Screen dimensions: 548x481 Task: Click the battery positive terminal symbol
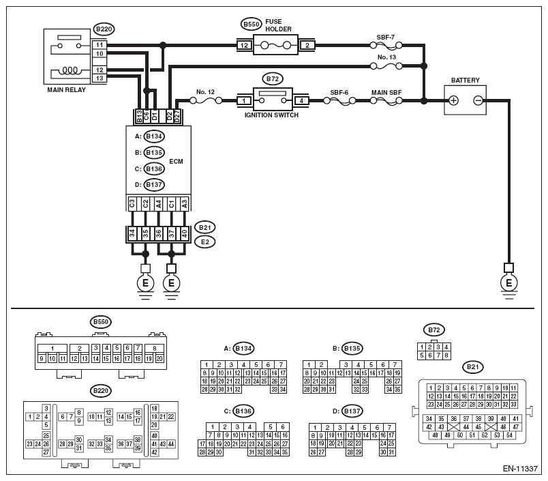pos(453,101)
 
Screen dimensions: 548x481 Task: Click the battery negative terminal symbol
pos(478,101)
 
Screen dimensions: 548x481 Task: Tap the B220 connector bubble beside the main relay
pos(104,29)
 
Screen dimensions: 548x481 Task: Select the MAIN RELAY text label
pos(66,90)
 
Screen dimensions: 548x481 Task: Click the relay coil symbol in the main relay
pos(70,71)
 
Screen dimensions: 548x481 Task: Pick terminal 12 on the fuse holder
pos(244,46)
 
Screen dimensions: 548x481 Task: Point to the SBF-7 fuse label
pos(386,38)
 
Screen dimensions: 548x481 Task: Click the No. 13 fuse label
pos(386,57)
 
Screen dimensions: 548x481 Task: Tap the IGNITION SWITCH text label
pos(271,115)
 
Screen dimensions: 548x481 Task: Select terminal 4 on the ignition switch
pos(301,101)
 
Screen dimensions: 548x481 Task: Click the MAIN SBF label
pos(386,93)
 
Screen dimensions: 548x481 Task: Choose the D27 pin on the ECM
pos(177,117)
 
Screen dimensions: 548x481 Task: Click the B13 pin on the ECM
pos(140,117)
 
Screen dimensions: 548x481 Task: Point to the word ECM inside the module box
pos(176,162)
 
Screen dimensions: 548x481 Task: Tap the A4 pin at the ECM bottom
pos(158,204)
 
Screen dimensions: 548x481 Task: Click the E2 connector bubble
pos(204,242)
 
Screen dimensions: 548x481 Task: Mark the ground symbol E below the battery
pos(509,283)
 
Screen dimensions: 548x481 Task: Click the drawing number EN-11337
pos(520,469)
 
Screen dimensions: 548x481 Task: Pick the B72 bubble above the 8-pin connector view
pos(434,330)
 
